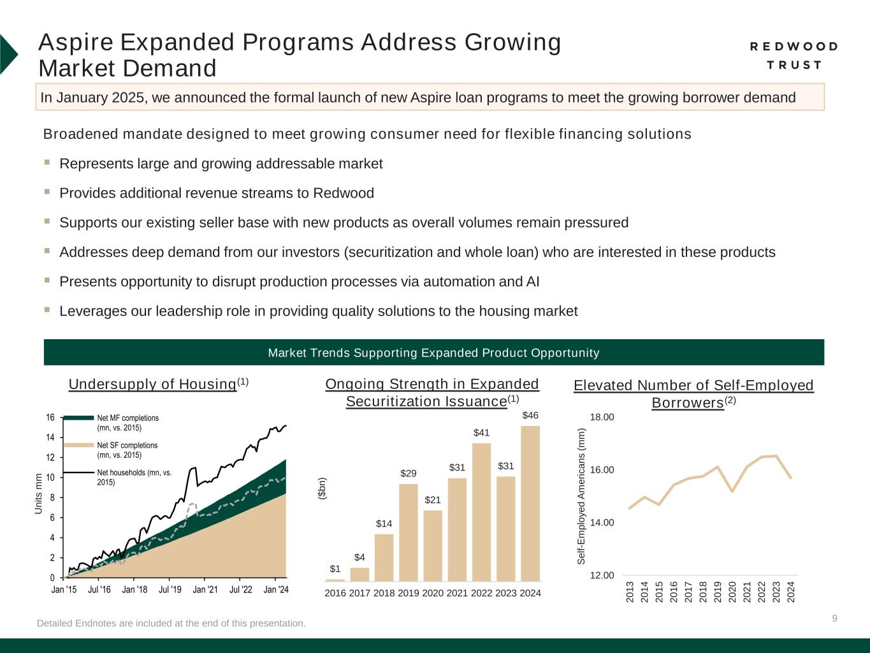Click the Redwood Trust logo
tap(794, 55)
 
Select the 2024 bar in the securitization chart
tap(530, 503)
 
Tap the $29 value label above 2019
tap(409, 473)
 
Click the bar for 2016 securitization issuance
tap(335, 580)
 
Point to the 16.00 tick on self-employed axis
tap(602, 470)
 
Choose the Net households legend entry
tap(134, 477)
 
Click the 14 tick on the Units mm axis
tap(50, 437)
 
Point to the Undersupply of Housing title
tap(153, 384)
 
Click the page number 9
tap(835, 618)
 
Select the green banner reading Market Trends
tap(433, 353)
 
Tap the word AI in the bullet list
tap(532, 282)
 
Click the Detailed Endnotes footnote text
tap(171, 623)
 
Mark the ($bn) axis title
tap(323, 488)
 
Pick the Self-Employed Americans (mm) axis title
tap(581, 496)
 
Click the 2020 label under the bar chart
tap(433, 593)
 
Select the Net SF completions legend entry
tap(127, 450)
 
